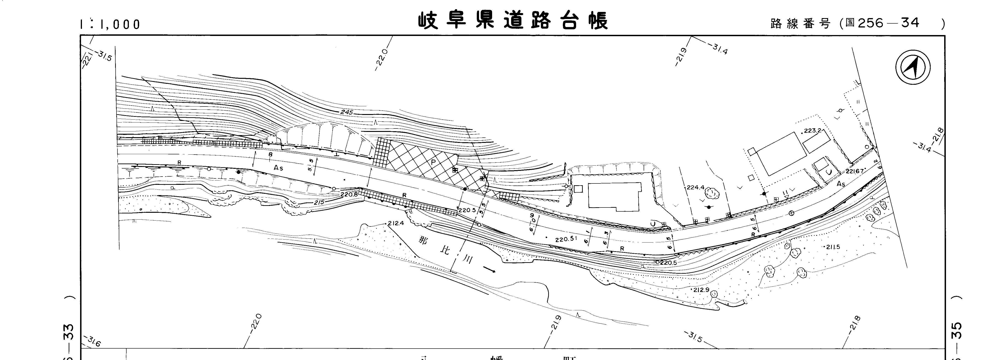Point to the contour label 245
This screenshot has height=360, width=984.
tap(347, 112)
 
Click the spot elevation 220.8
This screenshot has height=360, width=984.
tap(349, 194)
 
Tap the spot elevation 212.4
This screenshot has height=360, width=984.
tap(395, 223)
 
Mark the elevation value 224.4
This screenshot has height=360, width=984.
tap(695, 188)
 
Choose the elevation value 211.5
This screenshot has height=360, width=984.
tap(833, 247)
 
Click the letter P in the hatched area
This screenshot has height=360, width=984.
tap(433, 162)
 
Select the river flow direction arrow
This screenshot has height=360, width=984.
tap(489, 269)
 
